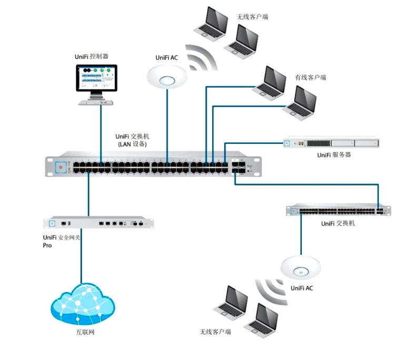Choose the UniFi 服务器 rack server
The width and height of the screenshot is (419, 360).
pyautogui.click(x=331, y=143)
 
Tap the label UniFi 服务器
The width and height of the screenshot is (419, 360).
pyautogui.click(x=334, y=155)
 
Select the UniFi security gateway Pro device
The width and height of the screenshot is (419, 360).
pyautogui.click(x=98, y=223)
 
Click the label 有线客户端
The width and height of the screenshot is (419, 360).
pyautogui.click(x=310, y=77)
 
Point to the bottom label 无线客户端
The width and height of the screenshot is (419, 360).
pyautogui.click(x=215, y=332)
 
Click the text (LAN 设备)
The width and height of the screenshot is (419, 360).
pyautogui.click(x=132, y=144)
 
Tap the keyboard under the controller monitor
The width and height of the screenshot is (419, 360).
pyautogui.click(x=96, y=102)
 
